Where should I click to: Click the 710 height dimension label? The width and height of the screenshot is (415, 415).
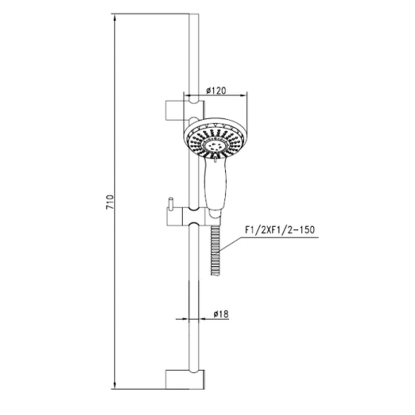110,202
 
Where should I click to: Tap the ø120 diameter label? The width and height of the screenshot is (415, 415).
216,90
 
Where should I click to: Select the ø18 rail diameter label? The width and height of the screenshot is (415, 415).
221,314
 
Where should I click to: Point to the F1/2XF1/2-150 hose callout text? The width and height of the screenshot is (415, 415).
280,230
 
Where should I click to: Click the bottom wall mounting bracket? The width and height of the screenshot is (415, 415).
185,380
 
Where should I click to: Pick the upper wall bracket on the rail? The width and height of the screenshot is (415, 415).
185,110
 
